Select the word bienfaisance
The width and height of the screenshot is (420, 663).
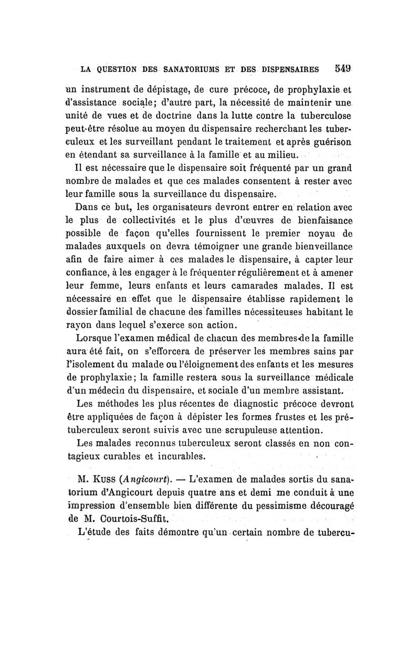coord(319,219)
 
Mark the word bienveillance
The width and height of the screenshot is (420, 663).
coord(314,246)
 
